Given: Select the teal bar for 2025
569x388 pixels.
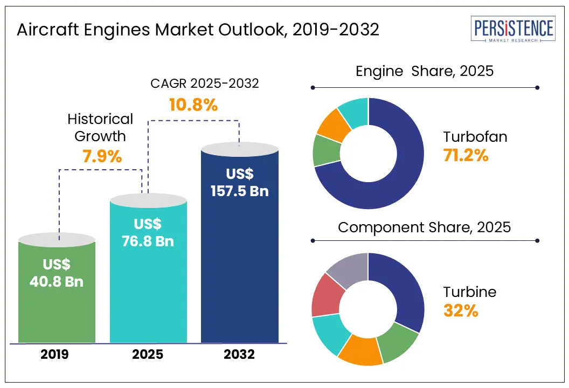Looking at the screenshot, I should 148,291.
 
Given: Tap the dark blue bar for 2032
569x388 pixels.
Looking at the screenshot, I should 239,269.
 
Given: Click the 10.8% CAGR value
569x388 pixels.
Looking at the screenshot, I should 193,105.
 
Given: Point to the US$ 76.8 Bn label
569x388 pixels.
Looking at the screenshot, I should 148,233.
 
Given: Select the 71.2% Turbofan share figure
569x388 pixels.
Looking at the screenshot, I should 466,156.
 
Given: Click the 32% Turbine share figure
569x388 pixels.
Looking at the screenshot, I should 461,311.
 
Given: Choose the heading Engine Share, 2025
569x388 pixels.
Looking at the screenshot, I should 425,71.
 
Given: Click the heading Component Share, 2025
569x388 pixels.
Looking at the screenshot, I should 424,227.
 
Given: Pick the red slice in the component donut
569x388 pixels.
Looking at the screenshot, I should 325,295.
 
